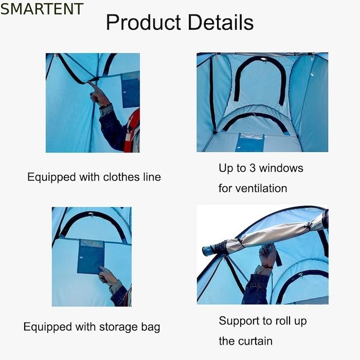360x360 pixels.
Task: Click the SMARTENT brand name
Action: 42,9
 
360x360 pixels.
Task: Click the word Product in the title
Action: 143,22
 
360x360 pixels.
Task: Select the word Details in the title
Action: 221,22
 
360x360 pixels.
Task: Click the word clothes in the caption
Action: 121,177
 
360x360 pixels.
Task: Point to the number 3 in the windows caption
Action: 253,168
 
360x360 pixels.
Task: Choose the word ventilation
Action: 261,188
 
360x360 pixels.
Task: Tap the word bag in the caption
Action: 151,327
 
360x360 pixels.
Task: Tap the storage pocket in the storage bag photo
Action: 91,257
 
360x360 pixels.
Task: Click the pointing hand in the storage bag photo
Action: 107,276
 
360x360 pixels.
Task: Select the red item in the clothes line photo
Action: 133,131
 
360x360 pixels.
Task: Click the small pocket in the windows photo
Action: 250,142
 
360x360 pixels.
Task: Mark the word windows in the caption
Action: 281,168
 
